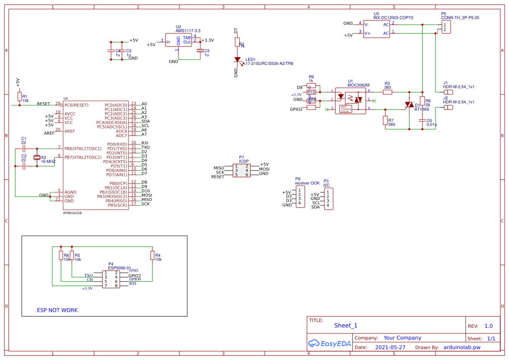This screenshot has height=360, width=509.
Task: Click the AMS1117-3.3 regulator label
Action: [188, 31]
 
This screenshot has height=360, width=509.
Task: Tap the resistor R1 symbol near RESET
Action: [19, 97]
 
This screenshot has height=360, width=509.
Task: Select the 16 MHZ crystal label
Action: [48, 161]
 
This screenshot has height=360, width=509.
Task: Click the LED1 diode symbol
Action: [237, 60]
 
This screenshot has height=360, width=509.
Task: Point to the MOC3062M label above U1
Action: [358, 85]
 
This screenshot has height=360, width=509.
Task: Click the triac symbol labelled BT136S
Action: [409, 105]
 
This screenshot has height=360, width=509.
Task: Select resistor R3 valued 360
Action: [387, 92]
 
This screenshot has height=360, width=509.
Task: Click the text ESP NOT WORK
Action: [57, 310]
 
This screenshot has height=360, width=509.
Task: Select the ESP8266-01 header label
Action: [120, 268]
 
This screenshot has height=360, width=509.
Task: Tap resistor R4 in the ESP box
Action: [152, 255]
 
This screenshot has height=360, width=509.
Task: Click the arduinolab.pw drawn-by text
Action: [462, 347]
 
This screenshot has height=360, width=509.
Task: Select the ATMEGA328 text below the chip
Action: [72, 213]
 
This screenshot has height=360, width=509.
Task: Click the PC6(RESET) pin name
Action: [77, 105]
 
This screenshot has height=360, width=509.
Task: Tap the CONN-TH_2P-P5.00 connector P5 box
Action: [446, 27]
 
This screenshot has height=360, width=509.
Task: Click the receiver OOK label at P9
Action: [307, 183]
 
